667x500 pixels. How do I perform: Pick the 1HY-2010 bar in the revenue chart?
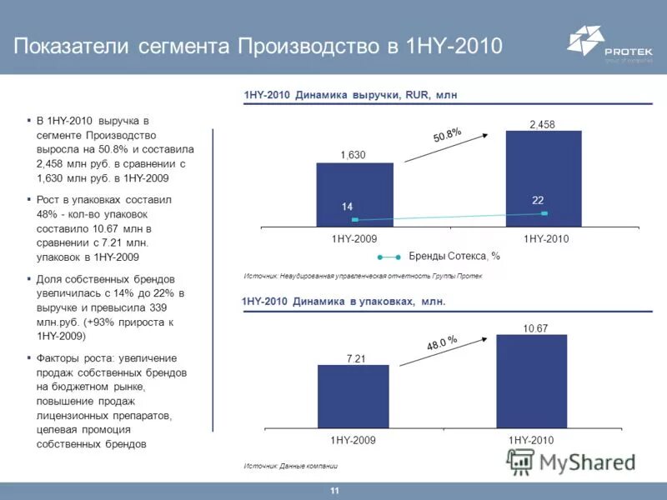coord(543,178)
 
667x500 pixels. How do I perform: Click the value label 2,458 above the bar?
coord(542,124)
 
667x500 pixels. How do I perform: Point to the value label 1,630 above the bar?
coord(353,155)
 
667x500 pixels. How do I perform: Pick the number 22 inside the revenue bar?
coord(538,200)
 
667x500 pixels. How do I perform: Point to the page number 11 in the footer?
coord(334,491)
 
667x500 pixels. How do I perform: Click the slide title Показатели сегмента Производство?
coord(258,45)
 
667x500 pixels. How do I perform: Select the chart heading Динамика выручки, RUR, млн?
coord(350,96)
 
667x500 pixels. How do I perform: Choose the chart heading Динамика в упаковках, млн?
coord(344,302)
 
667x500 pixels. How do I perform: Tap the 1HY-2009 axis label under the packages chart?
coord(354,439)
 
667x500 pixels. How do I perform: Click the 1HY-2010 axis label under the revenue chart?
coord(545,239)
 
